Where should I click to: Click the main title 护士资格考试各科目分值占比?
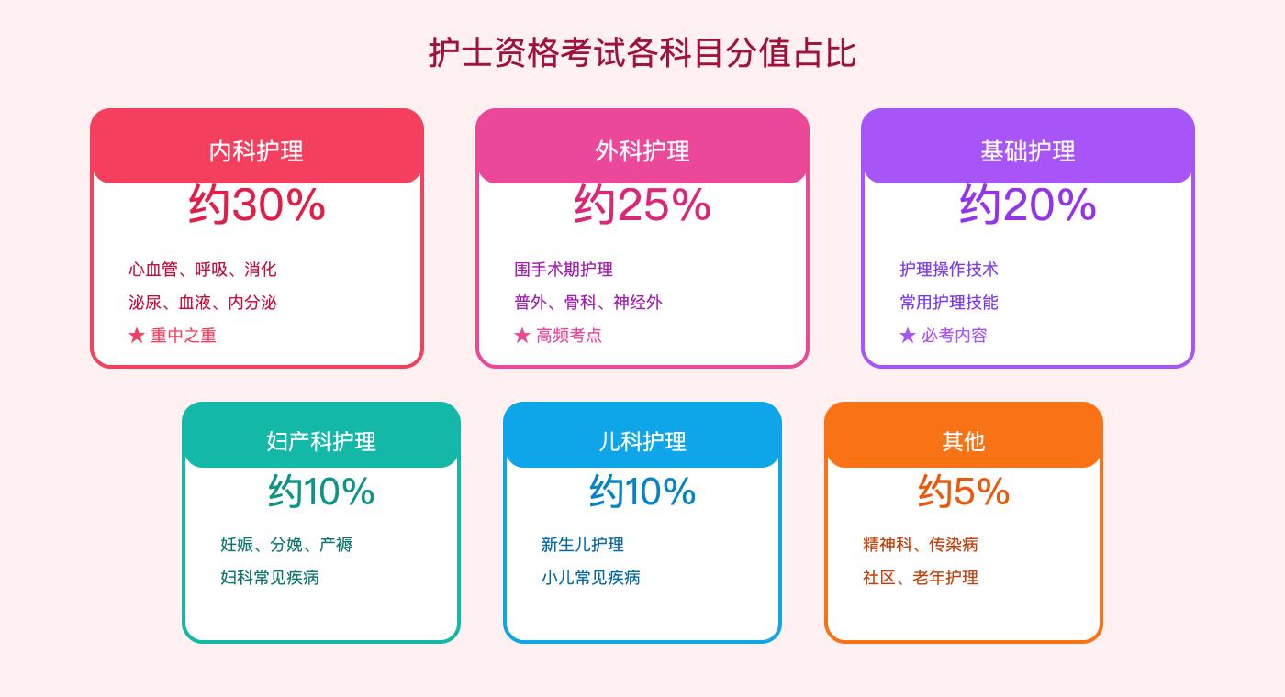pyautogui.click(x=642, y=53)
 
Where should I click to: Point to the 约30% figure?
pyautogui.click(x=257, y=205)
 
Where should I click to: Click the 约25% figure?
pyautogui.click(x=642, y=205)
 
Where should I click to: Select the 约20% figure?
pyautogui.click(x=1028, y=205)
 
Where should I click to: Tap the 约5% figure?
pyautogui.click(x=964, y=492)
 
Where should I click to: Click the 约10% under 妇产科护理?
pyautogui.click(x=321, y=492)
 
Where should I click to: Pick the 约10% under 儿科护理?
pyautogui.click(x=642, y=492)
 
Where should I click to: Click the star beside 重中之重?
pyautogui.click(x=137, y=336)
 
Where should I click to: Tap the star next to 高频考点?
pyautogui.click(x=522, y=336)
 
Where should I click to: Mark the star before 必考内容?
pyautogui.click(x=908, y=336)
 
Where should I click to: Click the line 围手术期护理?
pyautogui.click(x=564, y=270)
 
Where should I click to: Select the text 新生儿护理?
pyautogui.click(x=583, y=545)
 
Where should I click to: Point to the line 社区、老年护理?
pyautogui.click(x=921, y=578)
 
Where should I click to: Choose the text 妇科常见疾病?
pyautogui.click(x=270, y=578)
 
